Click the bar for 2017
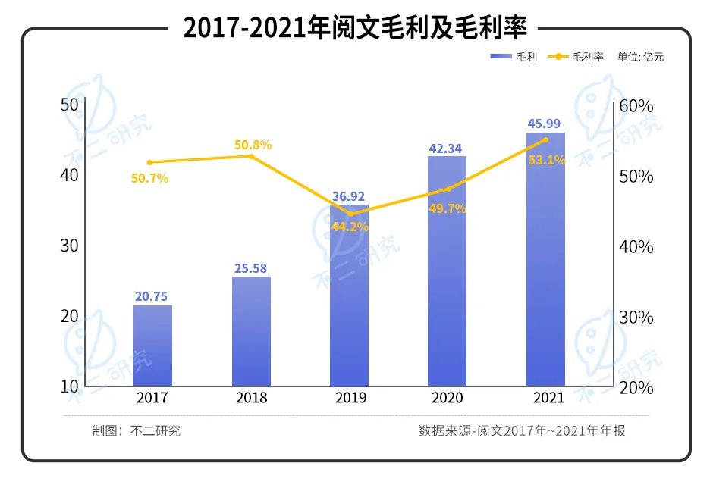[x=152, y=346]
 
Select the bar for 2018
[x=251, y=331]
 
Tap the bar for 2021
[x=545, y=259]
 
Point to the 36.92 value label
[x=349, y=197]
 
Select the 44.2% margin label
[x=350, y=226]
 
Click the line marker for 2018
[x=251, y=156]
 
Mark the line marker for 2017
[x=149, y=162]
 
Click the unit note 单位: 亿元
[x=640, y=57]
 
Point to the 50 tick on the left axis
[x=70, y=105]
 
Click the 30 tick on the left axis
[x=70, y=246]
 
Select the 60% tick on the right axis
[x=636, y=106]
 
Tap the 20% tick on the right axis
[x=636, y=387]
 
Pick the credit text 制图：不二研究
[x=137, y=431]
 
